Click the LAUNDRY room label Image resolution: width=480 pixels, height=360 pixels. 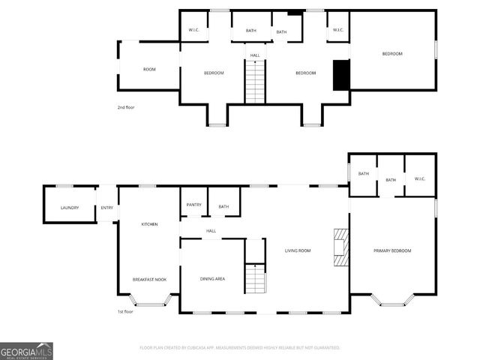(70, 208)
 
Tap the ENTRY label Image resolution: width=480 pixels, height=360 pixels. (107, 208)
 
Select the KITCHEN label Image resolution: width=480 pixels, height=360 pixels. (149, 224)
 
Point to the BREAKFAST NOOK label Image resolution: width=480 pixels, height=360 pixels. (149, 279)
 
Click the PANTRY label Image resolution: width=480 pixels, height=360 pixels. (193, 205)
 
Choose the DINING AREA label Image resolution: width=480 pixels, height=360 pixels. (212, 279)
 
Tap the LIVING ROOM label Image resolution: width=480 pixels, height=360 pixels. (298, 250)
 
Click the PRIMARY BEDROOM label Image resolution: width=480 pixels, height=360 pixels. (392, 250)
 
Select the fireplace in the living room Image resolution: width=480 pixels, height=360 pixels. (342, 247)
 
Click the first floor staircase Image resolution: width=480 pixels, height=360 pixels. (256, 278)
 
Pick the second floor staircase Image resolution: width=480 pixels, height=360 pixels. (255, 82)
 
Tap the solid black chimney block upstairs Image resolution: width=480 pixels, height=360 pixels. (341, 74)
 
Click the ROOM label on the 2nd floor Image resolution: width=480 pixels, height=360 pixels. (149, 69)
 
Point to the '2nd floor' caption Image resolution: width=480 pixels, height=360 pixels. (126, 107)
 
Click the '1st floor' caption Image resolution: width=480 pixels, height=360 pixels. (125, 311)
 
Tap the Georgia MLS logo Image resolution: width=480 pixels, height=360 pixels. (27, 350)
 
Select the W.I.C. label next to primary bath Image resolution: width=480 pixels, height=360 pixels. (420, 178)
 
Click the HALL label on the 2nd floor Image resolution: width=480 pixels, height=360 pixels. (255, 55)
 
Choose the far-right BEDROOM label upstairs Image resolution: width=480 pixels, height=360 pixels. (392, 53)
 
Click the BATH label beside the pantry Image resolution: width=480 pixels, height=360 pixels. (223, 206)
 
